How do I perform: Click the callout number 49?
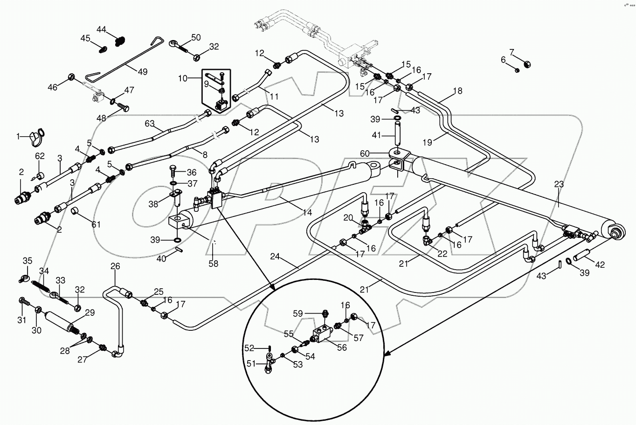[x=142, y=72]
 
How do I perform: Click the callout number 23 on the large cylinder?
[x=559, y=184]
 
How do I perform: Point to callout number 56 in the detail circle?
[x=342, y=348]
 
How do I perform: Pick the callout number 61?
[x=96, y=224]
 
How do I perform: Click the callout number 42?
[x=600, y=265]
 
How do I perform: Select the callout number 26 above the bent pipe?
[x=115, y=266]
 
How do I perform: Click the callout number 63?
[x=149, y=124]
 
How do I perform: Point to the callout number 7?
[x=512, y=52]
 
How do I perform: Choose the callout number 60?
[x=364, y=153]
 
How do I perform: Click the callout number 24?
[x=275, y=256]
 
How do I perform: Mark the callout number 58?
[x=213, y=264]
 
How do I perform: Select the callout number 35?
[x=28, y=260]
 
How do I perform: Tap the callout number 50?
[x=195, y=37]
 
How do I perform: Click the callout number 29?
[x=90, y=313]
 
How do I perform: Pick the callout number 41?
[x=376, y=135]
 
